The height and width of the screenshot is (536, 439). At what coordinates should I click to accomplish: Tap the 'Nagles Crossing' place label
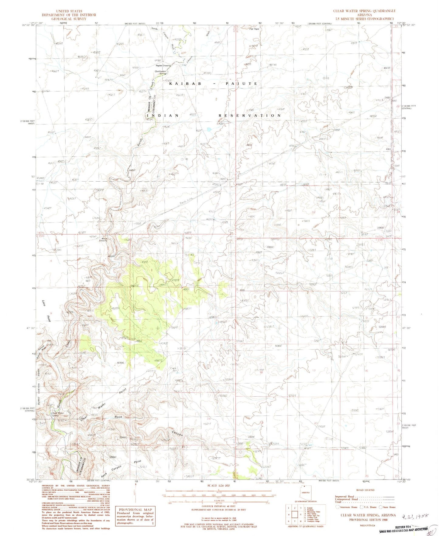pyautogui.click(x=163, y=65)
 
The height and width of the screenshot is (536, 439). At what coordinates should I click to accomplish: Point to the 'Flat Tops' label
pyautogui.click(x=254, y=29)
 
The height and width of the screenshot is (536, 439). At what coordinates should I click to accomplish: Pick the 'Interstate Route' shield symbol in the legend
pyautogui.click(x=338, y=507)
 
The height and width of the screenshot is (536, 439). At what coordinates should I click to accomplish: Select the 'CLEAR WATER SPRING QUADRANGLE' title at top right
pyautogui.click(x=364, y=11)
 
